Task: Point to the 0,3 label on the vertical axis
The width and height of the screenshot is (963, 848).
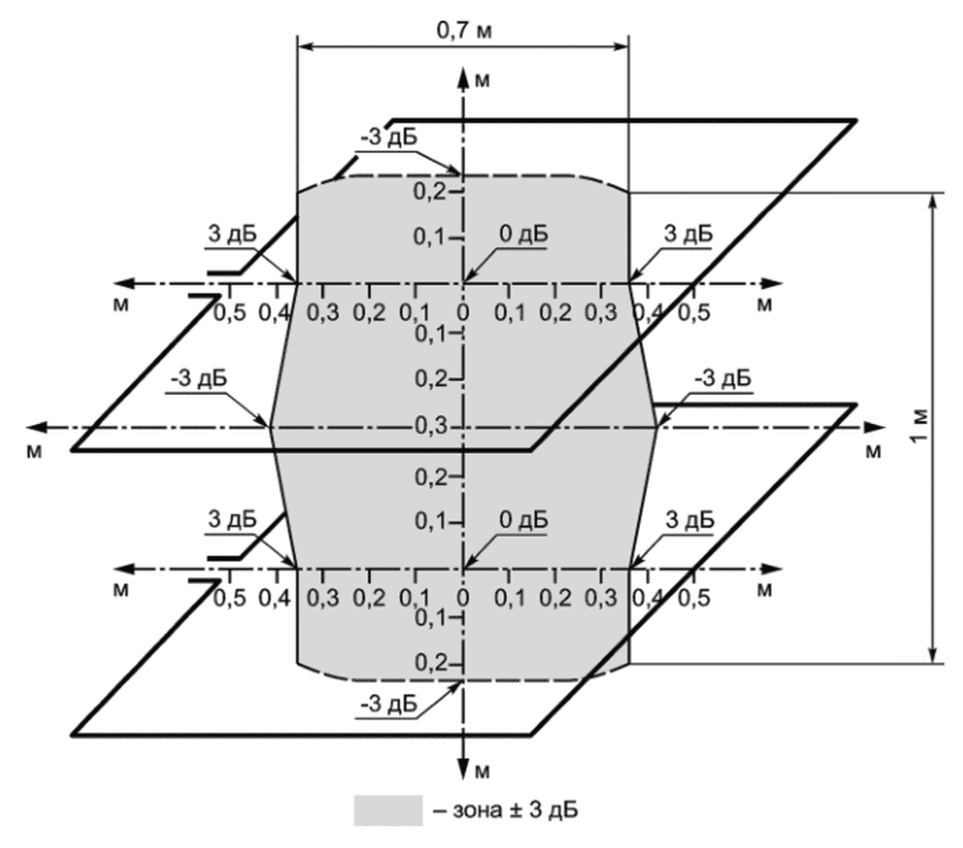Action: pos(429,427)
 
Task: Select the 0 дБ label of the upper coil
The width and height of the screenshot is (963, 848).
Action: pos(522,234)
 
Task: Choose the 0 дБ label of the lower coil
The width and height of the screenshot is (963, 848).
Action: pos(522,520)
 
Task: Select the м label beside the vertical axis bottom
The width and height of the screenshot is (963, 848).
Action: pos(482,769)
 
